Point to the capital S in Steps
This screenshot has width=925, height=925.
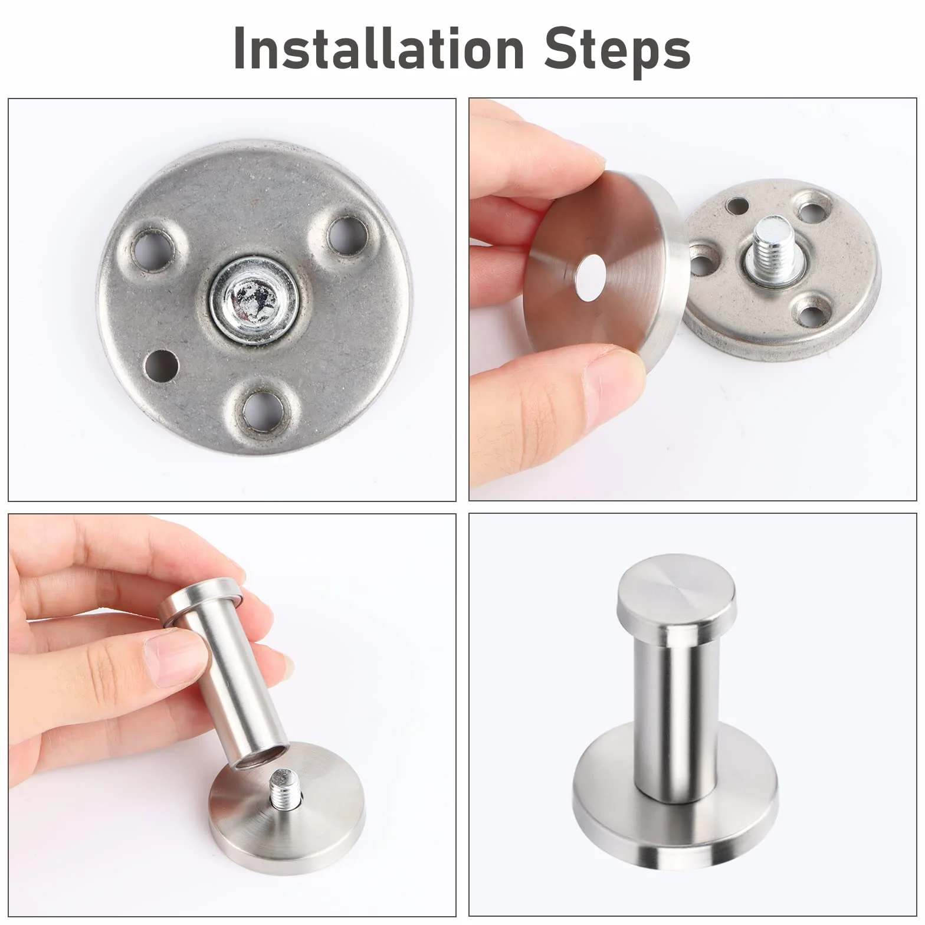(x=560, y=48)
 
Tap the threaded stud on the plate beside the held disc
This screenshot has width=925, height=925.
(x=767, y=247)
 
